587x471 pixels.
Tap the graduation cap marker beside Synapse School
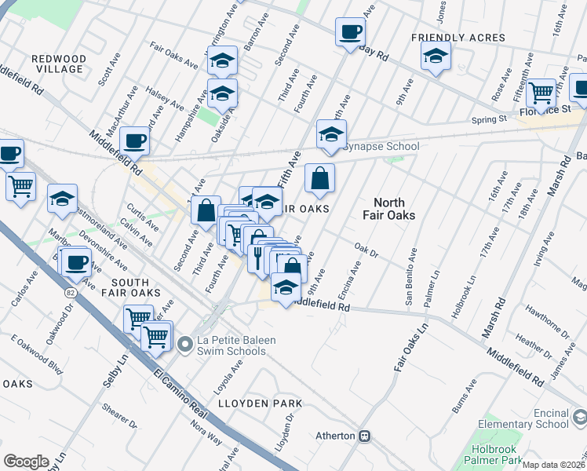(331, 135)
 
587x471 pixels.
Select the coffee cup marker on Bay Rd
(350, 33)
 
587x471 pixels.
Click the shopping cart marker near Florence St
(541, 93)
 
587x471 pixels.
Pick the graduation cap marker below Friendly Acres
(436, 57)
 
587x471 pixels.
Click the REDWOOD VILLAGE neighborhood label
(58, 64)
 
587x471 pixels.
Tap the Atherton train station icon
(364, 436)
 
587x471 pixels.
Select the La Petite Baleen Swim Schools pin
(185, 343)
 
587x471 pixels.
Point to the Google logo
(26, 462)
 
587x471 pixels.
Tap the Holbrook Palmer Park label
(503, 456)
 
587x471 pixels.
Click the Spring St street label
(489, 119)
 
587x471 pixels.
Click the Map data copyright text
(554, 464)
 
